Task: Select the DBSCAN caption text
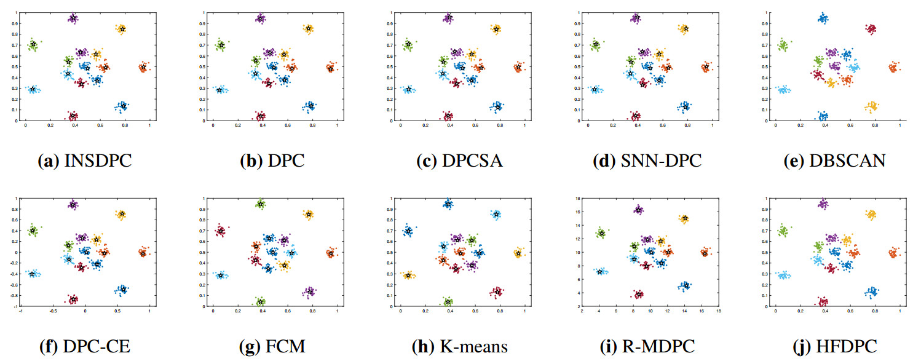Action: pyautogui.click(x=851, y=161)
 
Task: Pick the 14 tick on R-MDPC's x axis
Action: pyautogui.click(x=684, y=312)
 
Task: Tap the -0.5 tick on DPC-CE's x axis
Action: pyautogui.click(x=53, y=312)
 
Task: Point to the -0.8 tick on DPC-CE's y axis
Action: pyautogui.click(x=14, y=295)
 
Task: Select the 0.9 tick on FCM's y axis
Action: pyautogui.click(x=204, y=208)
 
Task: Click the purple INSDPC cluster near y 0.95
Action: pyautogui.click(x=73, y=18)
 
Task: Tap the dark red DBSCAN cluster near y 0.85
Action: pyautogui.click(x=870, y=28)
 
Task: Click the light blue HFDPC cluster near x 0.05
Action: pyautogui.click(x=783, y=276)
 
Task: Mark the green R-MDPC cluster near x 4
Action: pyautogui.click(x=601, y=233)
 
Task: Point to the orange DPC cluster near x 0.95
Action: pyautogui.click(x=331, y=68)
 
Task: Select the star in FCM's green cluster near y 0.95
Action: pyautogui.click(x=261, y=204)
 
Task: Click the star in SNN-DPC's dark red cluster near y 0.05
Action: pyautogui.click(x=636, y=116)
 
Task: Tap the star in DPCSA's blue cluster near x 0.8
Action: pyautogui.click(x=498, y=107)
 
